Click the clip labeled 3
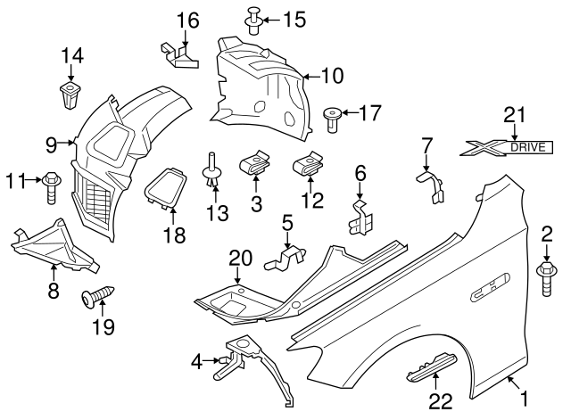click(255, 165)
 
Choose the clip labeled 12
click(308, 165)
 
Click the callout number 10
click(331, 77)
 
